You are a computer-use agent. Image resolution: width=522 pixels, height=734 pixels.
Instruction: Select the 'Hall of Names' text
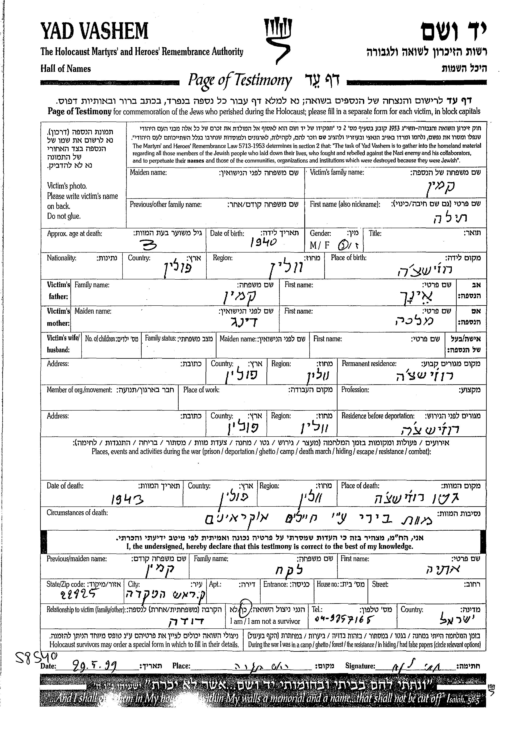[x=66, y=69]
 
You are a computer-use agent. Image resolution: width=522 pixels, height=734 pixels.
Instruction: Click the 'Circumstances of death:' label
[x=77, y=513]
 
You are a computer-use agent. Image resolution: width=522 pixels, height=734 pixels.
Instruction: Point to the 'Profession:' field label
[x=355, y=390]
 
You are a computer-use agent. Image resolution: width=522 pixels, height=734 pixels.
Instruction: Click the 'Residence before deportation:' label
[x=378, y=416]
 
